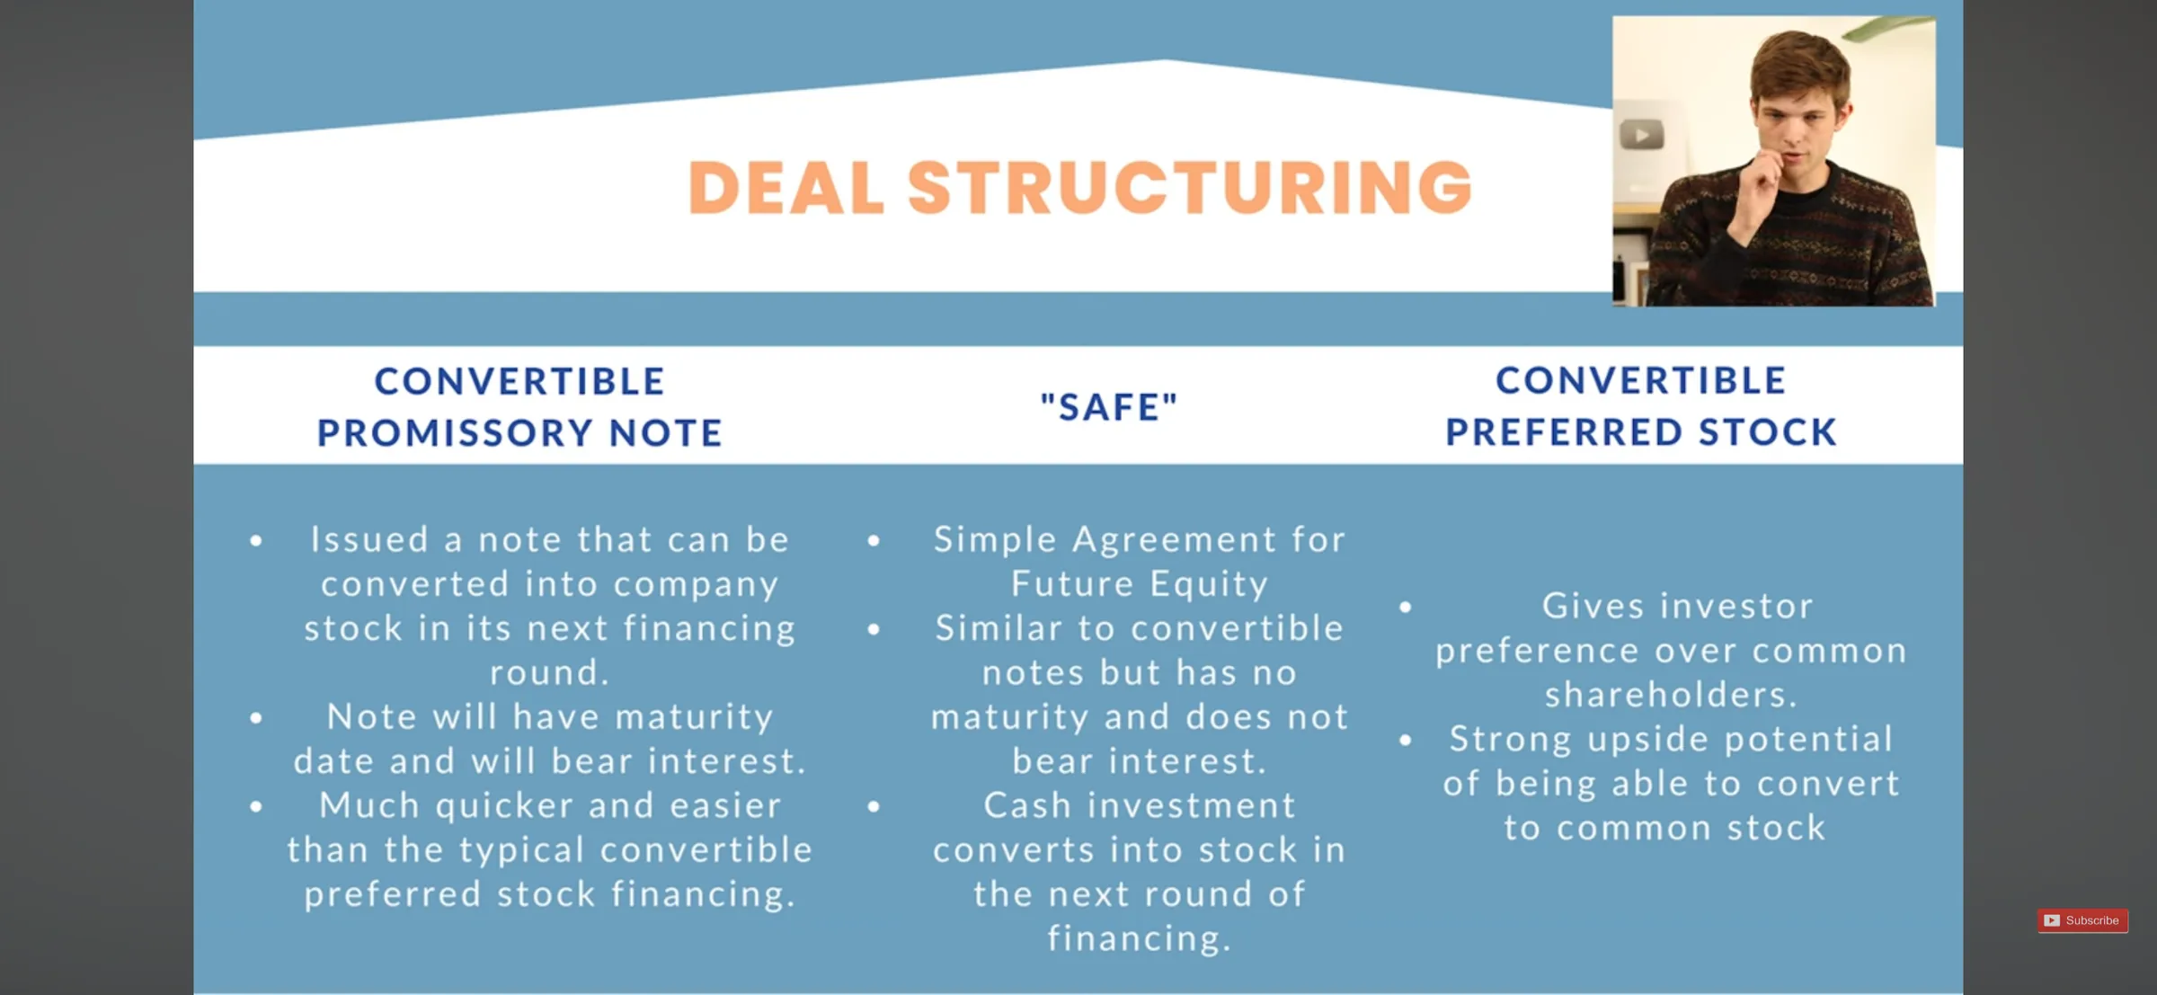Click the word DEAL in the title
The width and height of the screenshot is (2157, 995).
[786, 188]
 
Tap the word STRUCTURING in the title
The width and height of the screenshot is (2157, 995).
[1190, 188]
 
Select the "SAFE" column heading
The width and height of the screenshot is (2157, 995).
[1109, 407]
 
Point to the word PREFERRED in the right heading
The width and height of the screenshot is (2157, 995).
[1564, 432]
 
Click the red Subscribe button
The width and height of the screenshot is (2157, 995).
[2082, 920]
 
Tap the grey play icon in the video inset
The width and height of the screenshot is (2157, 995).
[1641, 135]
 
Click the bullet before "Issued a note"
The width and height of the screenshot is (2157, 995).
[256, 541]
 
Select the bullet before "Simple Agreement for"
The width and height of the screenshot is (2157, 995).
[874, 541]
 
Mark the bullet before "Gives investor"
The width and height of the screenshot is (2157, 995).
[1406, 608]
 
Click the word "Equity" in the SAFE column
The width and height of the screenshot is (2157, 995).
[1209, 585]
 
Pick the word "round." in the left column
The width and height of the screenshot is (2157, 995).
[549, 672]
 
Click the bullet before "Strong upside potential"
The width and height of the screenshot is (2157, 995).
[1406, 741]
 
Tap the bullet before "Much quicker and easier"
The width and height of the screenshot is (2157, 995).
[256, 807]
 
